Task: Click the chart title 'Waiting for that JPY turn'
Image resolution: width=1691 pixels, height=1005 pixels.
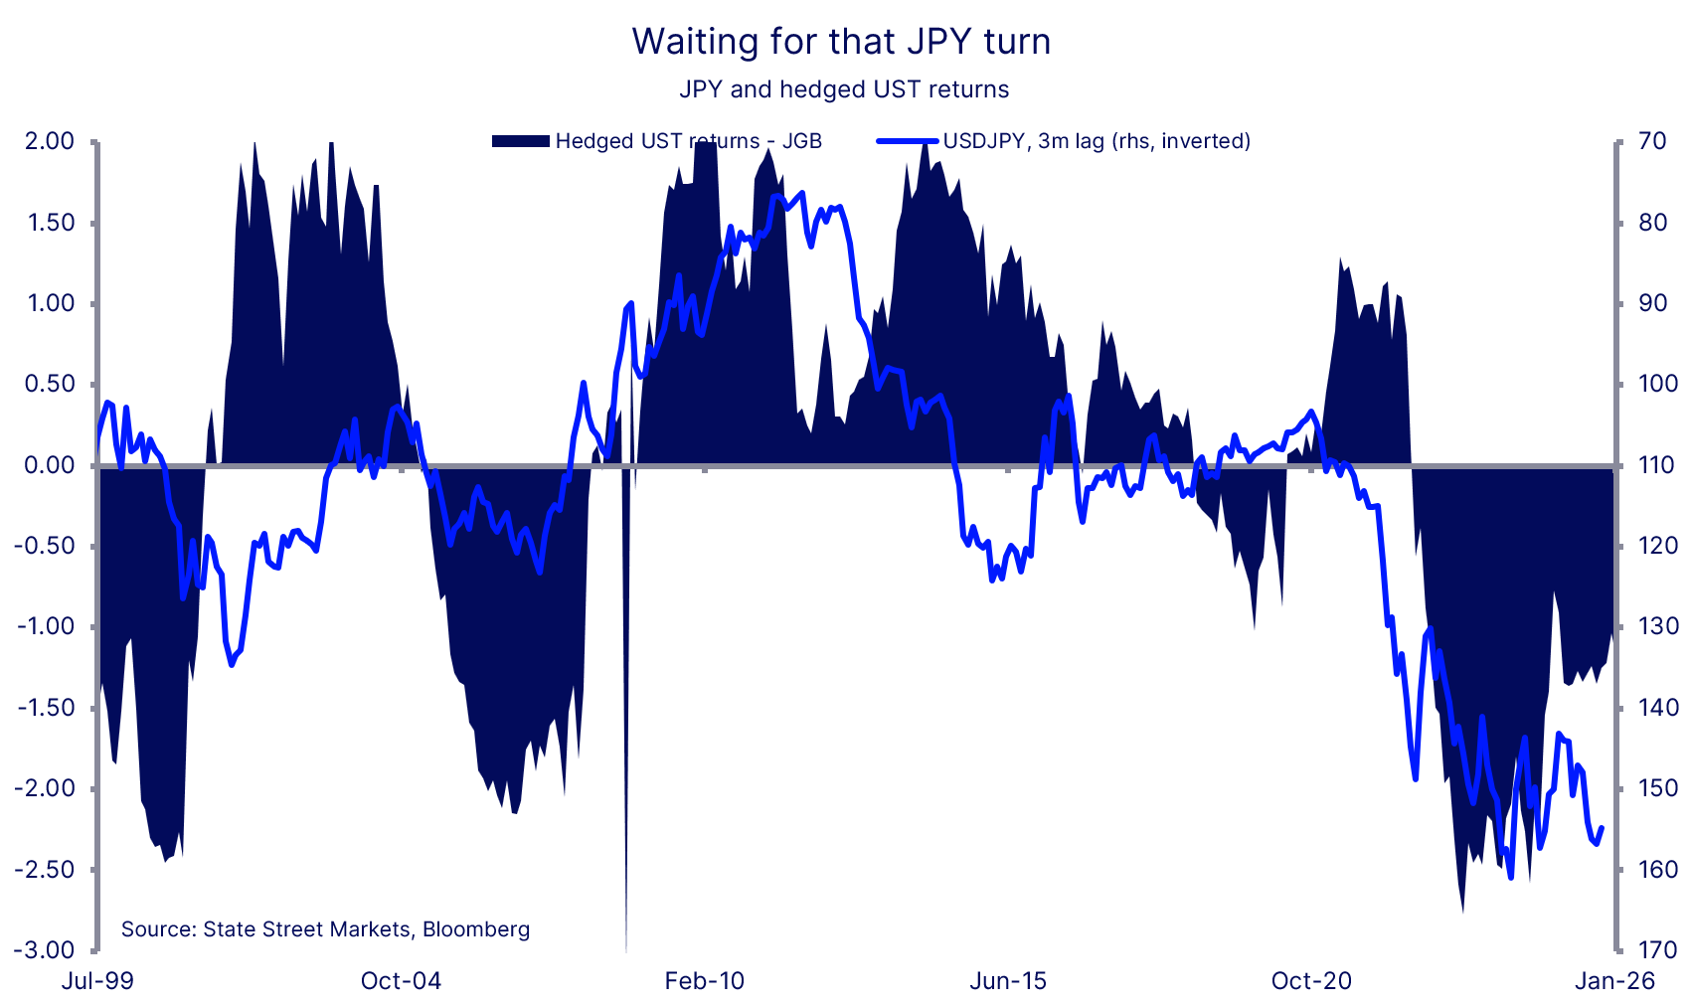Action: (x=841, y=42)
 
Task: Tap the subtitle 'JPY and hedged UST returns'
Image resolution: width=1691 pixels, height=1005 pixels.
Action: (x=844, y=89)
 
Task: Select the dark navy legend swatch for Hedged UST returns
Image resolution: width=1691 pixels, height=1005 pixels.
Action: (x=521, y=141)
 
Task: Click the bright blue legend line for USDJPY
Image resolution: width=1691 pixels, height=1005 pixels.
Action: (x=907, y=141)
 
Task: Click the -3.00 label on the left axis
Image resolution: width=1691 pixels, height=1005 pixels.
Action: (x=45, y=950)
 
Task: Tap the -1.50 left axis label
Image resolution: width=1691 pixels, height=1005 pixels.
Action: (x=45, y=708)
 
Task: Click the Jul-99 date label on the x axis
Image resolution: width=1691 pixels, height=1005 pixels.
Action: (x=97, y=981)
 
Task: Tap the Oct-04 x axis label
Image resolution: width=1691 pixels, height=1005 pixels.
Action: (x=401, y=981)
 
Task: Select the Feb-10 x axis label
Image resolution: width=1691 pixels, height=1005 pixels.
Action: (x=704, y=981)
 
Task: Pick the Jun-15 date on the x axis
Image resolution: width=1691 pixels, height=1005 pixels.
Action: (x=1008, y=981)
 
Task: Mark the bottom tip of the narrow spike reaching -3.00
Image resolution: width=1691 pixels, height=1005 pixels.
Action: (x=626, y=948)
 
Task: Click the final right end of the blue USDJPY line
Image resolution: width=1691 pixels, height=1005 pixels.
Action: (x=1601, y=828)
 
